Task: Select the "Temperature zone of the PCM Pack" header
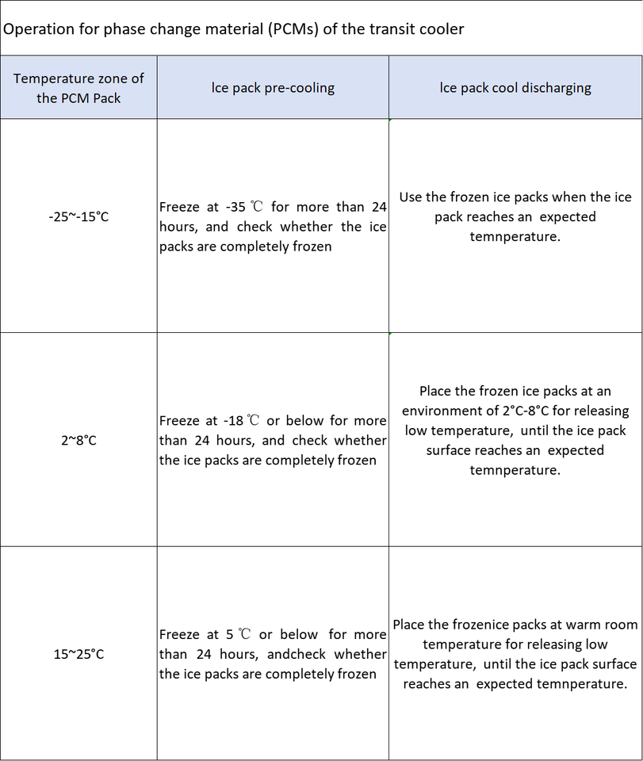78,88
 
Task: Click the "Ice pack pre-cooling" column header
273,87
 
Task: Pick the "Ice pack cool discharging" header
515,87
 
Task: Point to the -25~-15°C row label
78,216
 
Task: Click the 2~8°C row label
78,440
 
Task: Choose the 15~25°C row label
78,654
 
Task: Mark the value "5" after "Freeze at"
230,634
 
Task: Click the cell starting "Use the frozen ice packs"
515,216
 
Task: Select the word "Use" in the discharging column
411,197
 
